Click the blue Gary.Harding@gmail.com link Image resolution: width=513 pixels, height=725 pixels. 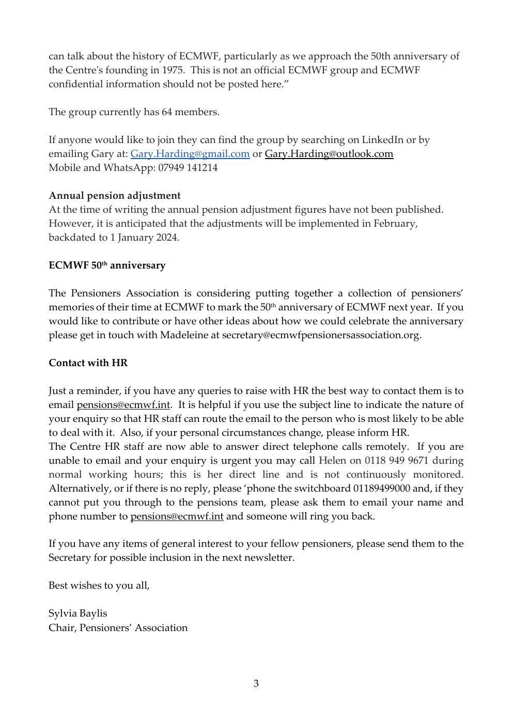coord(190,154)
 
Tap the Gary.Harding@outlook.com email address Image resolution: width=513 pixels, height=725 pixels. coord(329,154)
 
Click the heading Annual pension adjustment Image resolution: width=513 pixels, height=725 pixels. coord(115,196)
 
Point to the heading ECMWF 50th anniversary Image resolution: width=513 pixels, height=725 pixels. coord(107,265)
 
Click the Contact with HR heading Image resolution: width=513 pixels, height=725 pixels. coord(88,363)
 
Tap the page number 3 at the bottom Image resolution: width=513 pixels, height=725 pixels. coord(256,684)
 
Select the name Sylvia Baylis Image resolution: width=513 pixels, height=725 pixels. coord(77,613)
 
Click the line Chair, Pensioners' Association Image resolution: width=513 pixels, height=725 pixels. coord(118,628)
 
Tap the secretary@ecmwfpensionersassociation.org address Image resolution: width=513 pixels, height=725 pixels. coord(321,335)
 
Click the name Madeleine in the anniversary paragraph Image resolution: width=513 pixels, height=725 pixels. coord(184,335)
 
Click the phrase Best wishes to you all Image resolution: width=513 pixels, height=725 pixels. coord(99,586)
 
